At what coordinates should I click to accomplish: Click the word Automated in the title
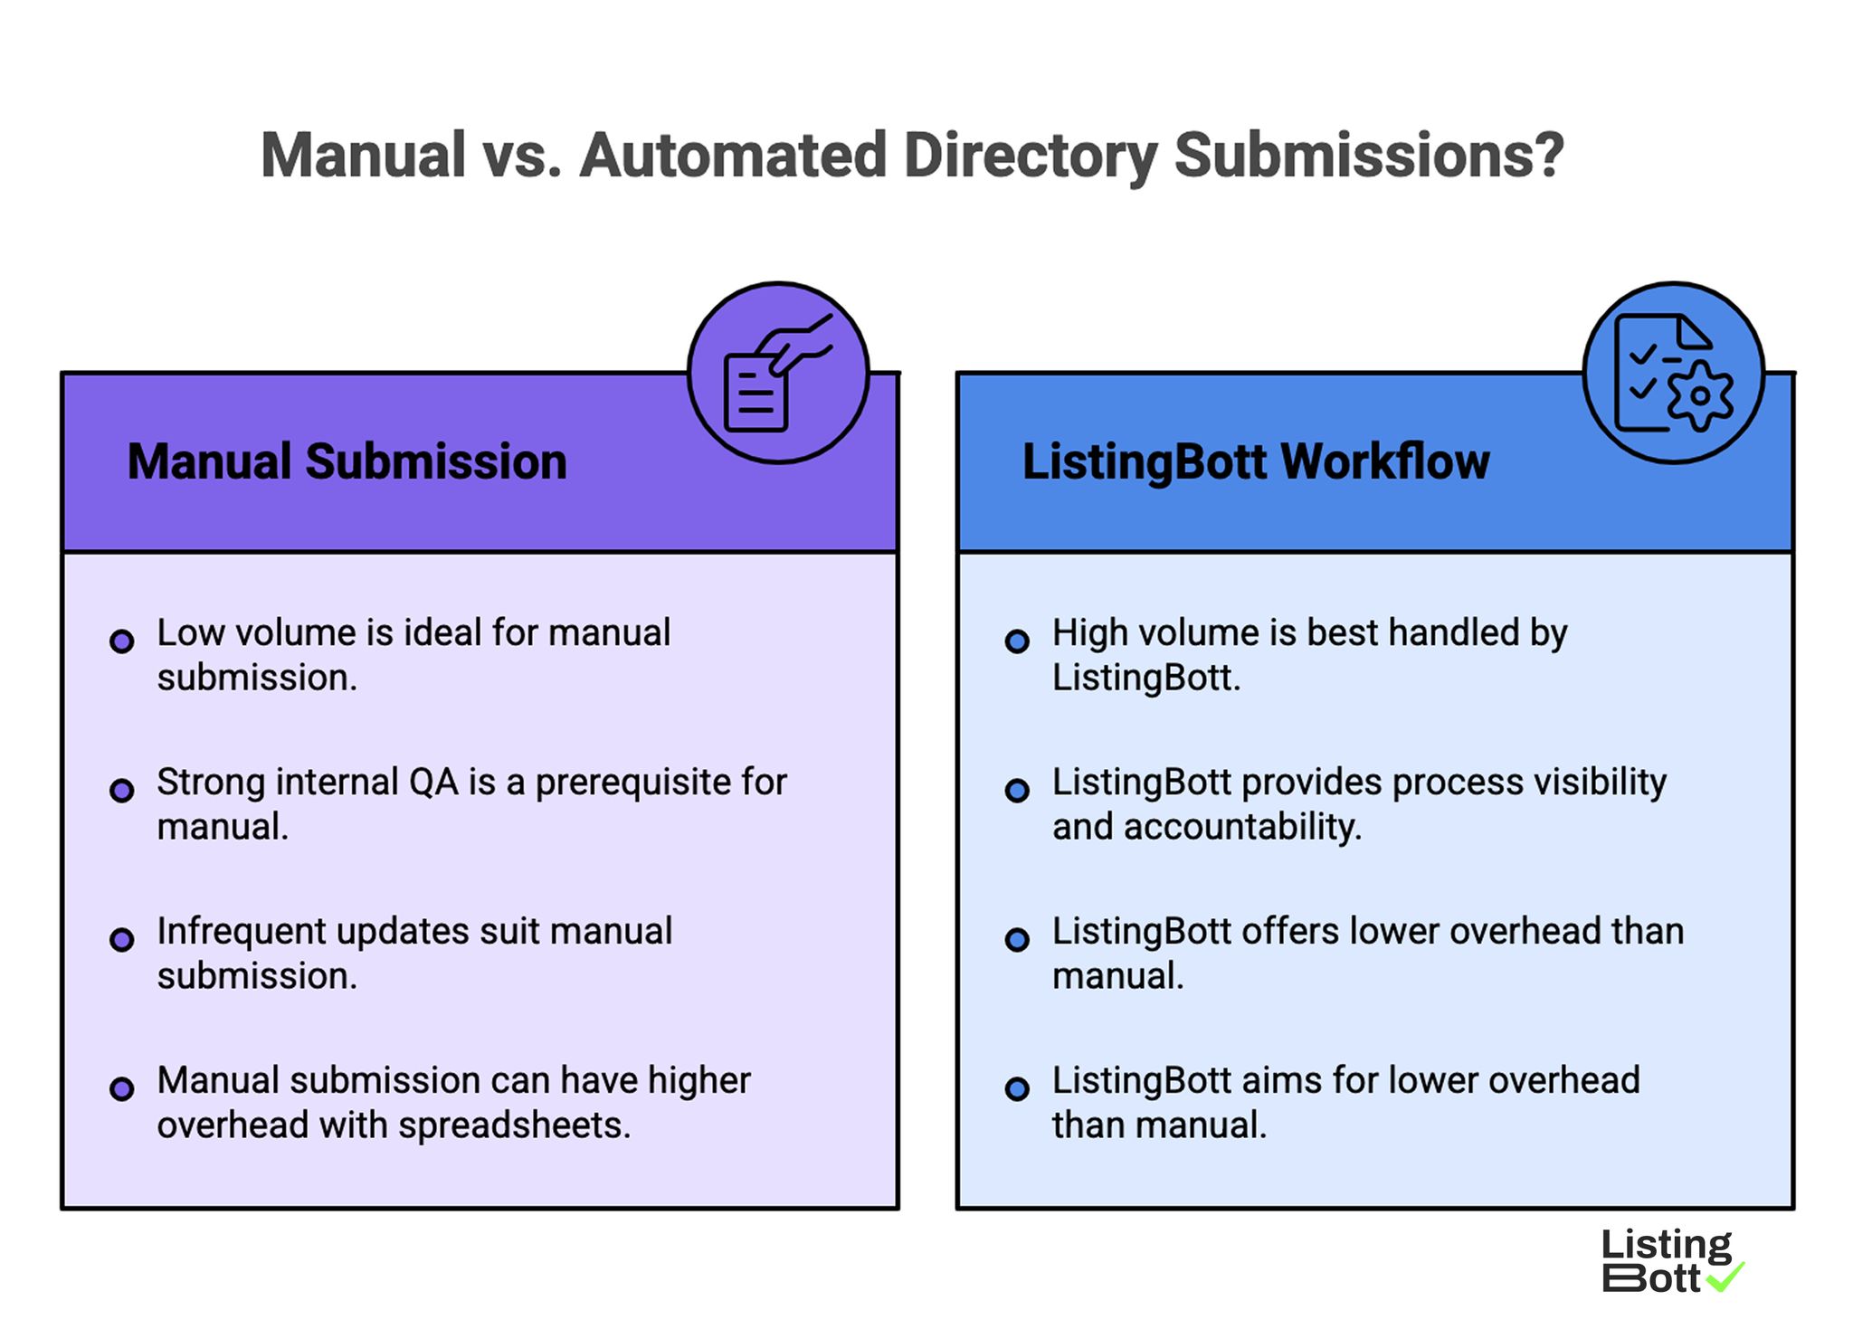733,156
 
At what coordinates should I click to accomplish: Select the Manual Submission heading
347,461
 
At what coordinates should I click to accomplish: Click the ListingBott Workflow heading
1255,461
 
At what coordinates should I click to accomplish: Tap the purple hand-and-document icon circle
778,373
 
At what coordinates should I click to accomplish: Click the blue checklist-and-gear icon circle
1673,373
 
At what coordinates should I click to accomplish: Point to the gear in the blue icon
1700,395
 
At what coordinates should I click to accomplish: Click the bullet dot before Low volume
122,641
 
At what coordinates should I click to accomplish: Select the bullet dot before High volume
1017,641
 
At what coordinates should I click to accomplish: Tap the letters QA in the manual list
433,783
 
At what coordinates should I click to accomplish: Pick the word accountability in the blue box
1242,827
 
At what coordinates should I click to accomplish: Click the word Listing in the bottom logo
1666,1245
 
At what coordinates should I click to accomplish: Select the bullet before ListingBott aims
1017,1088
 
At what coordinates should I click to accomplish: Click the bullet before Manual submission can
122,1088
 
